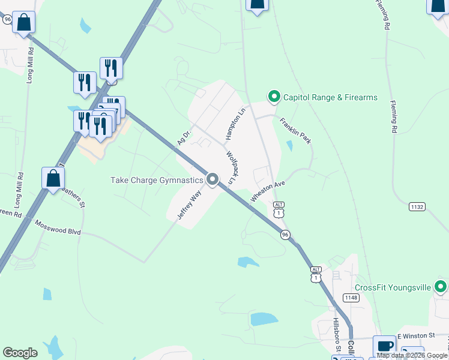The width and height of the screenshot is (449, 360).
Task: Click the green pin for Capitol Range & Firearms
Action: click(x=274, y=96)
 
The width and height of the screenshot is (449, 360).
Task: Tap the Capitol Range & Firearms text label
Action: click(x=330, y=97)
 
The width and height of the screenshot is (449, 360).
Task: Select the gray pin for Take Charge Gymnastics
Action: click(x=212, y=179)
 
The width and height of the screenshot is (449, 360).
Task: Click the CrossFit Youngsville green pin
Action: click(x=440, y=287)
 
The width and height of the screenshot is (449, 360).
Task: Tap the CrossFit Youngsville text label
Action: click(x=389, y=287)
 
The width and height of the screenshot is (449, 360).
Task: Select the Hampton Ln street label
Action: click(x=236, y=124)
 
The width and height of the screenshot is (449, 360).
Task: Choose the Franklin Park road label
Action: click(x=295, y=130)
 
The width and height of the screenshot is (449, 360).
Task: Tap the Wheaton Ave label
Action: click(x=267, y=191)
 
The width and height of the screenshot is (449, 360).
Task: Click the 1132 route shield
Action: click(x=417, y=206)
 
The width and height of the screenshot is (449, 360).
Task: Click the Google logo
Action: click(x=20, y=353)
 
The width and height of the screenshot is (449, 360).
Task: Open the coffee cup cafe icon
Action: click(x=384, y=346)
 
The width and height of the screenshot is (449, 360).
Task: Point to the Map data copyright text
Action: click(x=412, y=355)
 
